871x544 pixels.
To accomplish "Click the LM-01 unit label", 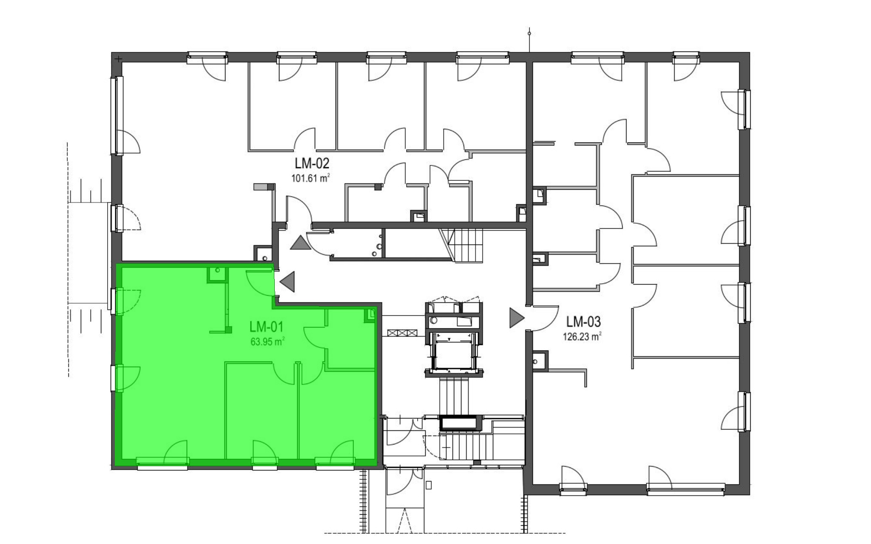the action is (266, 327).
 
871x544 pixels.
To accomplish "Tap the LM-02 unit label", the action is (312, 163).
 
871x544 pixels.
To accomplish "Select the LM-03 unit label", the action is (584, 322).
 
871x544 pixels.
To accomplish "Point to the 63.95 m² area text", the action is (268, 341).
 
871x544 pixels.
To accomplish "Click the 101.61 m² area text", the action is (311, 178).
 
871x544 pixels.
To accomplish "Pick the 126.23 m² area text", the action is (582, 336).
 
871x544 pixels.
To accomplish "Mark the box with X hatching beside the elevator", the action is (402, 333).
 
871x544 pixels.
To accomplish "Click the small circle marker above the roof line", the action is (529, 33).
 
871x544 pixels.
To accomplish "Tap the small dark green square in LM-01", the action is (229, 329).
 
